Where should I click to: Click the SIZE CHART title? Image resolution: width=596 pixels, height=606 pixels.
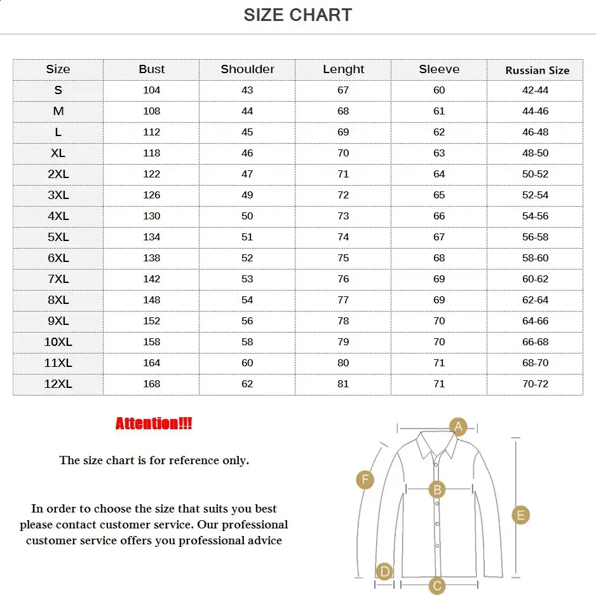pos(297,15)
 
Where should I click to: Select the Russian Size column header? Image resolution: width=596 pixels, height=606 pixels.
pos(537,70)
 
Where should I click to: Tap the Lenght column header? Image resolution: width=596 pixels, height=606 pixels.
pos(343,69)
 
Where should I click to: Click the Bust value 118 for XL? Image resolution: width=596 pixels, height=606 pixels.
pos(152,153)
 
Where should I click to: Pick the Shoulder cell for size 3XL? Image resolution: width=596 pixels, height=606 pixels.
pos(247,195)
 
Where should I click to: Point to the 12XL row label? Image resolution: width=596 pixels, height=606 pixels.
pos(58,384)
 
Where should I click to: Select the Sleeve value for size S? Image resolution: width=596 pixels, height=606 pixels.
pos(439,90)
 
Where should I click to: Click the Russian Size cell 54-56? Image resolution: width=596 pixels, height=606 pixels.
pos(535,216)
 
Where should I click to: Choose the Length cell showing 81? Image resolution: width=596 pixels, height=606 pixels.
pos(343,384)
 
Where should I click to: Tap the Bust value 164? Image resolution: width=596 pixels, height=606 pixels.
pos(152,363)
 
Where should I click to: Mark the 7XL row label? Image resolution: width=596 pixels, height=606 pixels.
pos(58,279)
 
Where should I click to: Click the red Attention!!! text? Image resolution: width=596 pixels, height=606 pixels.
pos(154,424)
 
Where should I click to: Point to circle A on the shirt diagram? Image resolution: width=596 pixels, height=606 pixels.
pos(458,426)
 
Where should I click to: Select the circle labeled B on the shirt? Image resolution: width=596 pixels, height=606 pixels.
pos(437,490)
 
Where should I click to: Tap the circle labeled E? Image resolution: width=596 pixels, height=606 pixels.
pos(520,514)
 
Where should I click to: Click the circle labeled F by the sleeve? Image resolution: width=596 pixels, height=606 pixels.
pos(365,479)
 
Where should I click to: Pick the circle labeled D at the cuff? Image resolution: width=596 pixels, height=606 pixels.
pos(384,571)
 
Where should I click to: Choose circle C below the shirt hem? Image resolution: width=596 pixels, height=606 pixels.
pos(437,586)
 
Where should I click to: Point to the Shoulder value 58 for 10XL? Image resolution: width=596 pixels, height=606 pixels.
pos(247,342)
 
